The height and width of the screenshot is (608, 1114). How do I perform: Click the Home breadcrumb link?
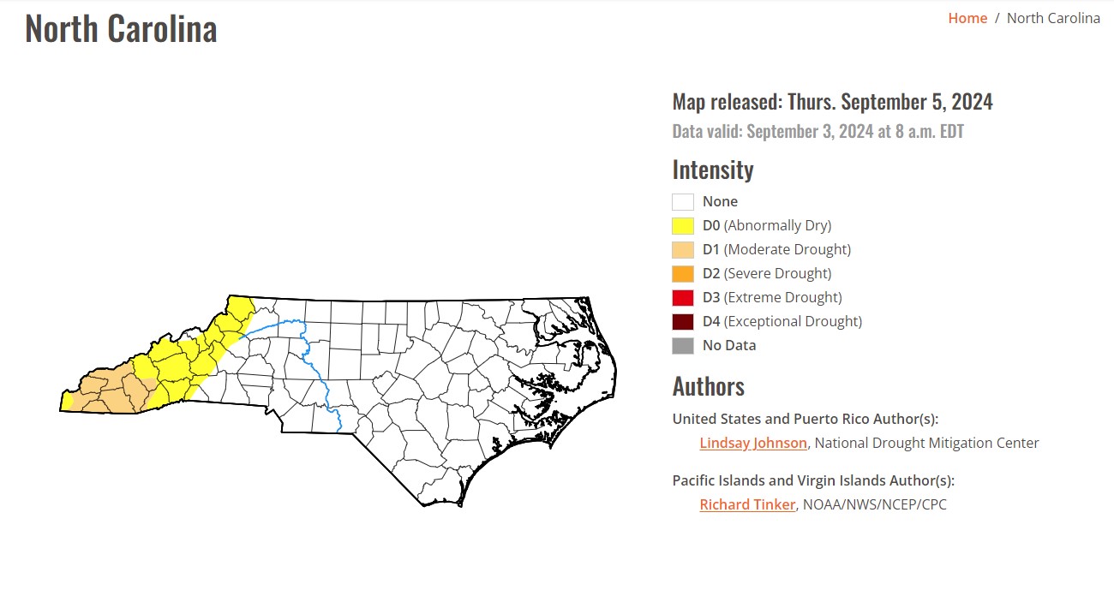pos(967,18)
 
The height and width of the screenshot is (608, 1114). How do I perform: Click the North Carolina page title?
pos(121,29)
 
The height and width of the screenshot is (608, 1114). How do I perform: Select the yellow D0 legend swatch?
pos(683,226)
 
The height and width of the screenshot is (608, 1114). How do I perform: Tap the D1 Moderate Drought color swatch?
pos(683,250)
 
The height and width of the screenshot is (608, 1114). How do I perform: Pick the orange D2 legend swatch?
pos(683,274)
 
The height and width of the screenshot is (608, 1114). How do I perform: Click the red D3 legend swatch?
pos(683,298)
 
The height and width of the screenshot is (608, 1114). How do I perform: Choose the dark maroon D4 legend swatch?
pos(683,322)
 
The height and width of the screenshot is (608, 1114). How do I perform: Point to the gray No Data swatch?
pos(683,346)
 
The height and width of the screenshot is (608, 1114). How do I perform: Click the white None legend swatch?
pos(683,202)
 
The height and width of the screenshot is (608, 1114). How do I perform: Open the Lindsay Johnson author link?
pos(753,443)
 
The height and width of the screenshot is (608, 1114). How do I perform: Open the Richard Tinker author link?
pos(747,504)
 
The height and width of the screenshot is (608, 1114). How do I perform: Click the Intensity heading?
pos(712,170)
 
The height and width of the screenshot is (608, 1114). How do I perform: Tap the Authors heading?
pos(708,386)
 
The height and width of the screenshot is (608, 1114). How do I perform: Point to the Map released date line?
pos(832,102)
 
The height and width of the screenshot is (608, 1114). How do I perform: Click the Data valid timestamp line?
pos(818,132)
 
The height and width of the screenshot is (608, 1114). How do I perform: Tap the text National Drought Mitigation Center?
pos(927,443)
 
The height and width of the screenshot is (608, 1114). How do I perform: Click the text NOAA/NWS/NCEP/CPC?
pos(874,504)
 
